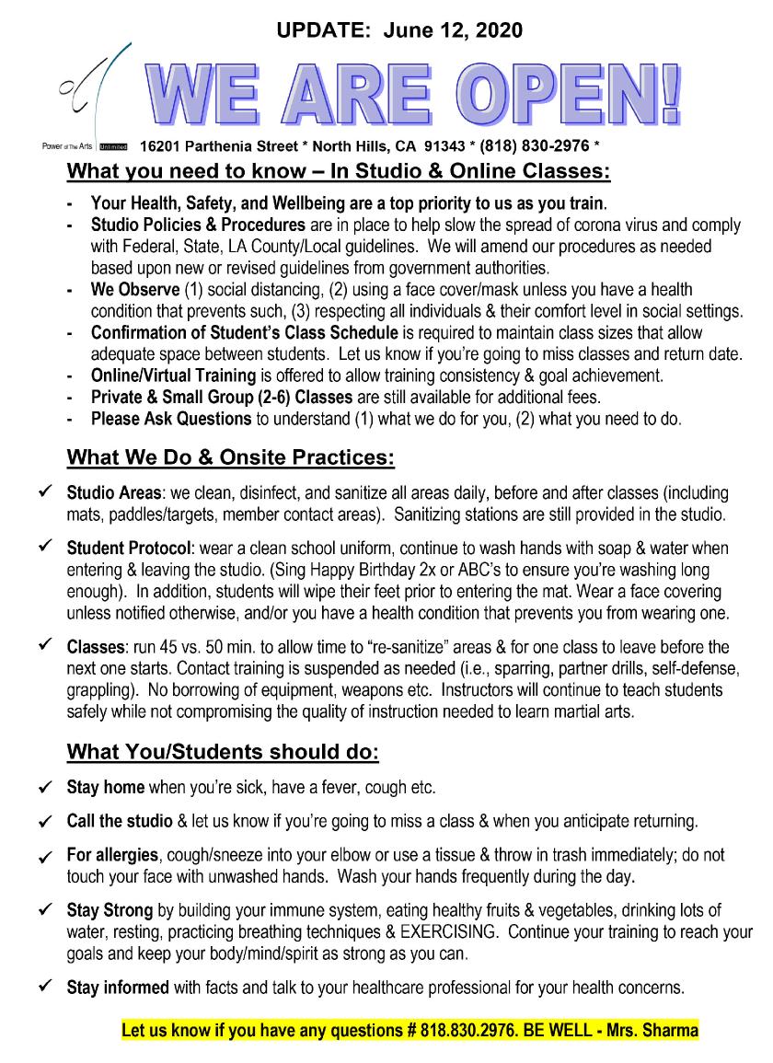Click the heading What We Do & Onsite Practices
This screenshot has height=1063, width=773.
click(x=231, y=456)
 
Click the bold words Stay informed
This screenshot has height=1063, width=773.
click(x=118, y=989)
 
